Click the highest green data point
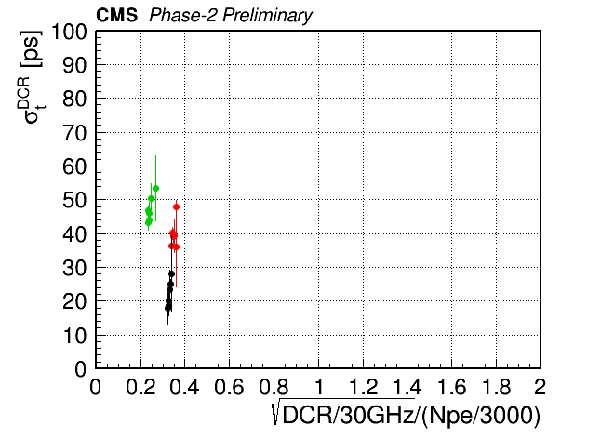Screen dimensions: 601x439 coord(155,188)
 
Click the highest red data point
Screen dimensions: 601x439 coord(177,206)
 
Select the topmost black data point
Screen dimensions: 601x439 coord(172,273)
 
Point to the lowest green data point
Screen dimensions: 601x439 coord(148,222)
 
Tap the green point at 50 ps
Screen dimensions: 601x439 coord(151,198)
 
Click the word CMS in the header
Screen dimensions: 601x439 coord(116,15)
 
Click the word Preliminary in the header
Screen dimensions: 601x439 coord(268,16)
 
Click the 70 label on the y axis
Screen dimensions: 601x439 coord(75,133)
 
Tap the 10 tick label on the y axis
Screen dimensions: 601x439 coord(75,336)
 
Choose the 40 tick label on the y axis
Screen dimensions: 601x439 coord(75,234)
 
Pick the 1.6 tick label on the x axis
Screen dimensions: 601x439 coord(451,387)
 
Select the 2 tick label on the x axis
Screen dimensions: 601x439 coord(540,387)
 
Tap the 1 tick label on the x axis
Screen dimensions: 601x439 coord(319,387)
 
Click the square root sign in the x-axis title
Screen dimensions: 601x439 coord(276,412)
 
